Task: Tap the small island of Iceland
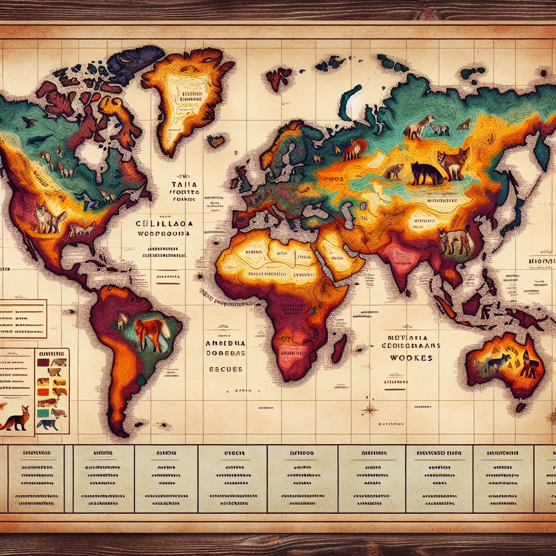tap(216, 141)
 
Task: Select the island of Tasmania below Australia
tap(520, 407)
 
